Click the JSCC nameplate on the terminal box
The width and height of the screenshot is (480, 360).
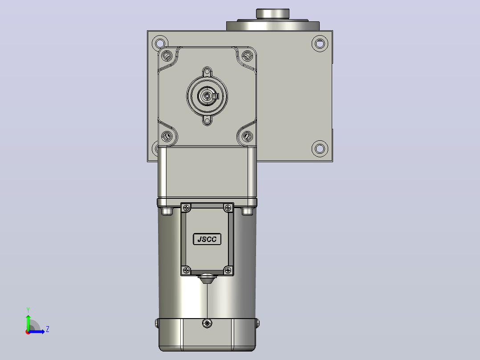click(207, 239)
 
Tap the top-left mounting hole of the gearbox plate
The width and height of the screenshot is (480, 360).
click(160, 43)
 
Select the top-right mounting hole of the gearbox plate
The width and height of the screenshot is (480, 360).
click(320, 44)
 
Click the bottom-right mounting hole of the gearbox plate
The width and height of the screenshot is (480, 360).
click(320, 149)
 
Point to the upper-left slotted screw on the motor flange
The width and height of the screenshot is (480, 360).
click(167, 56)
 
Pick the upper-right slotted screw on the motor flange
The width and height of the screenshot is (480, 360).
click(247, 56)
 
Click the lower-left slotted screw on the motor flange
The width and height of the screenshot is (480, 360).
click(167, 136)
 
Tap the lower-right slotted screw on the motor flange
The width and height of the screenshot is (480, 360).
click(247, 136)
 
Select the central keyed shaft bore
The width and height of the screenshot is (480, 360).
click(207, 96)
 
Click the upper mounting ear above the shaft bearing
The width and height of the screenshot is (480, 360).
click(207, 72)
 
